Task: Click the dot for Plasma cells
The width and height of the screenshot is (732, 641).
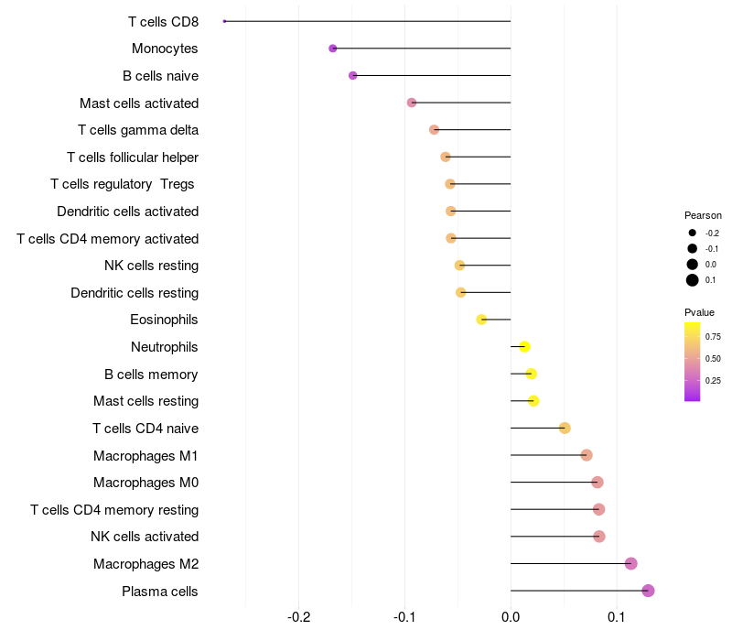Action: pyautogui.click(x=648, y=591)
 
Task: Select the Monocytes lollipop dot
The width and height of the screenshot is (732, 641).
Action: pyautogui.click(x=333, y=49)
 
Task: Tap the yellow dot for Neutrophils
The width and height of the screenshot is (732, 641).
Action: pyautogui.click(x=524, y=346)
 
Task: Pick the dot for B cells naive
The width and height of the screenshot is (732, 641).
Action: pyautogui.click(x=353, y=75)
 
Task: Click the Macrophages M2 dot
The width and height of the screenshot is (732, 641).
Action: pyautogui.click(x=630, y=563)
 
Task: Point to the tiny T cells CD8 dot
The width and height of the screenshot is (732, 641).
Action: pyautogui.click(x=224, y=21)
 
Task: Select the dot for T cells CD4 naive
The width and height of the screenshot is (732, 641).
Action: pyautogui.click(x=565, y=428)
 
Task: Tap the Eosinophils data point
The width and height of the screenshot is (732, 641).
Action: pyautogui.click(x=481, y=320)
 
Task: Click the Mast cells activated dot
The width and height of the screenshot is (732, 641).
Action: pyautogui.click(x=412, y=103)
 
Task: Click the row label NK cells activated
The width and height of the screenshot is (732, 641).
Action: pyautogui.click(x=145, y=537)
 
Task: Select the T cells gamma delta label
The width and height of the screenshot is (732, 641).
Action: pyautogui.click(x=138, y=130)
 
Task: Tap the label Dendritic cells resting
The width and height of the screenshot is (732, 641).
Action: pyautogui.click(x=135, y=293)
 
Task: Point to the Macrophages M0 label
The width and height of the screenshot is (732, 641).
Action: pyautogui.click(x=145, y=483)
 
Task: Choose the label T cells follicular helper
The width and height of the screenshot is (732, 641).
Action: pyautogui.click(x=133, y=158)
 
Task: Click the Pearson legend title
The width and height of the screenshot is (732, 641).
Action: pyautogui.click(x=703, y=215)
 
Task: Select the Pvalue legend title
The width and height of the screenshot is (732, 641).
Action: pyautogui.click(x=699, y=312)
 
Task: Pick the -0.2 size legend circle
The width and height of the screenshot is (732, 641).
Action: pyautogui.click(x=693, y=233)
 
